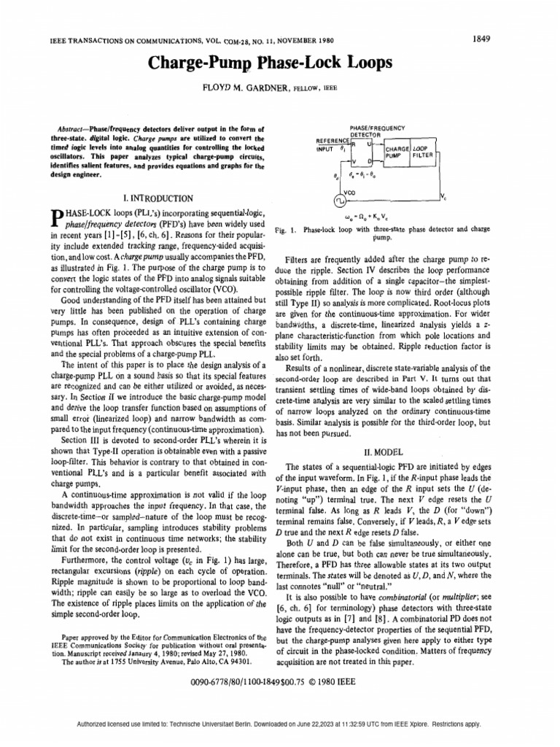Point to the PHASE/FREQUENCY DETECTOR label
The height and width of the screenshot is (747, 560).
click(x=378, y=130)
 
